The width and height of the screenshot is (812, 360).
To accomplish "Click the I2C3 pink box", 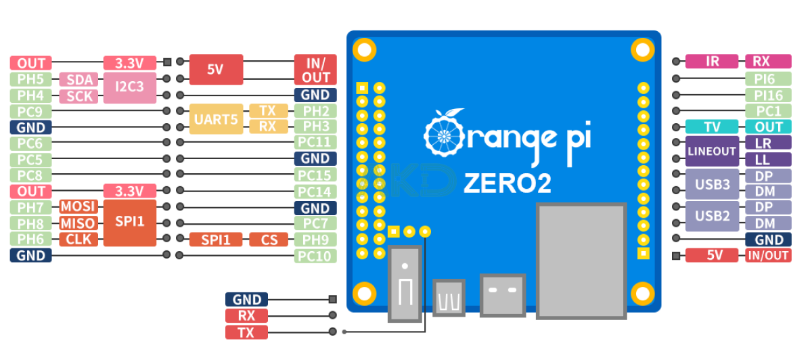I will (129, 87).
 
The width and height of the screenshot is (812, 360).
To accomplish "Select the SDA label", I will (79, 80).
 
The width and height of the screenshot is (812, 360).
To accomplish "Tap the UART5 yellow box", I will (216, 119).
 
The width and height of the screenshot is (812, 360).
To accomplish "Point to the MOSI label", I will (78, 207).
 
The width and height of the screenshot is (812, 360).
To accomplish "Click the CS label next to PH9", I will (269, 240).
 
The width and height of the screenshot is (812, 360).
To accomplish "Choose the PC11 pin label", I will (315, 143).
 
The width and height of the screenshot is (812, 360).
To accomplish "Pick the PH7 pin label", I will (30, 207).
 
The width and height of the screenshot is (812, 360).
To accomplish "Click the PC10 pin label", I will (315, 256).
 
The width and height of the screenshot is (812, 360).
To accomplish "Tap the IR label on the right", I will (712, 62).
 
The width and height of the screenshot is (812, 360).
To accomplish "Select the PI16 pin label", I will (768, 95).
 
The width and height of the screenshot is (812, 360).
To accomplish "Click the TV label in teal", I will (712, 127).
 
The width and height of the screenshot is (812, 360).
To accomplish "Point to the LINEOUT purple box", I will (712, 151).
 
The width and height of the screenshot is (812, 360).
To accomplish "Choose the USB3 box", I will (712, 184).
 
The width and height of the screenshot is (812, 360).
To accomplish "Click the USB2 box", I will (712, 216).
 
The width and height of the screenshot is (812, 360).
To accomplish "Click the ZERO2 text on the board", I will (507, 183).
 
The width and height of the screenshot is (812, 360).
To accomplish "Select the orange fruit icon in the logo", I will (443, 134).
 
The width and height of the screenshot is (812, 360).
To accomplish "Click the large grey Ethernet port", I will (581, 261).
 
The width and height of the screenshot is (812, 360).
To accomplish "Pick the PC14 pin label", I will (315, 192).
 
